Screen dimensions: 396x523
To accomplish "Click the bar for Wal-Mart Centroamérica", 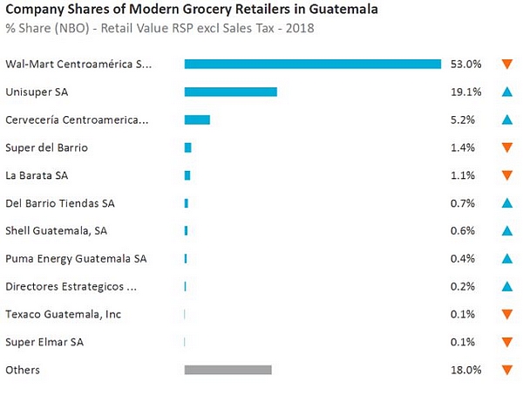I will [x=312, y=64].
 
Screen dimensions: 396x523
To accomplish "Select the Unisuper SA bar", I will [x=230, y=92].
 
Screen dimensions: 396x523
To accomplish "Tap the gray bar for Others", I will [x=228, y=370].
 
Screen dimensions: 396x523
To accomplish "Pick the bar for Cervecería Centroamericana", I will [x=197, y=119].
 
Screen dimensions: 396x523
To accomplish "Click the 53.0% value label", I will [x=466, y=64].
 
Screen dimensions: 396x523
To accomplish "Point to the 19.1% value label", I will [x=466, y=92].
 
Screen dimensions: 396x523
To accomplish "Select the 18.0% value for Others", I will [x=466, y=370].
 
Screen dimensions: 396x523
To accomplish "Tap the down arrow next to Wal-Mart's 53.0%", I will [x=506, y=64].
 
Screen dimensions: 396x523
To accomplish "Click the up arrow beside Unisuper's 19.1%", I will [x=506, y=92].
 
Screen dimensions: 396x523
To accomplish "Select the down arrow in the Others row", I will [x=506, y=370].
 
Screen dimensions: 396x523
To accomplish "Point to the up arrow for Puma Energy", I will [x=506, y=258].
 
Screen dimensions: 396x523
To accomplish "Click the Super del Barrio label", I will [x=46, y=147].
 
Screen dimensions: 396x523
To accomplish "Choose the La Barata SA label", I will [x=37, y=175].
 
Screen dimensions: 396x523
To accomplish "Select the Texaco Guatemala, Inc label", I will [x=63, y=314].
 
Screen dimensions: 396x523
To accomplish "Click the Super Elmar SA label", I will [x=44, y=342].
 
